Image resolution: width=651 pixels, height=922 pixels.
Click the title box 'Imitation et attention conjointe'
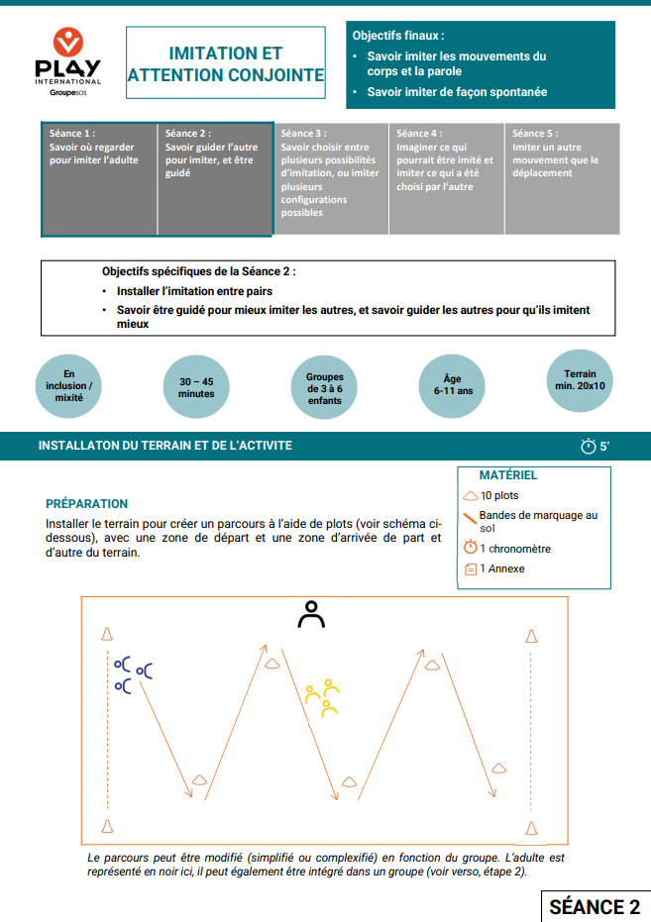click(x=226, y=64)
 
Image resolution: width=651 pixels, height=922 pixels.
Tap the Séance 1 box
click(x=99, y=178)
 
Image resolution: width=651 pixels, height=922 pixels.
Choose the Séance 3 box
click(x=330, y=178)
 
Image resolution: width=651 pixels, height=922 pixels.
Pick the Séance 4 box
click(x=446, y=178)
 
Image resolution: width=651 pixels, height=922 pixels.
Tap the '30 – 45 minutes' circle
click(x=196, y=387)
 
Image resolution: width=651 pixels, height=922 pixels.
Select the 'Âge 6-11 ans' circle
click(x=453, y=384)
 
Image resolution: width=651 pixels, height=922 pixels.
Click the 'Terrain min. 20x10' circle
click(x=580, y=380)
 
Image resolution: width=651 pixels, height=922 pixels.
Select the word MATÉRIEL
click(x=507, y=475)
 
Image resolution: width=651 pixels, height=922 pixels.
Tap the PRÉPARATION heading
click(x=86, y=503)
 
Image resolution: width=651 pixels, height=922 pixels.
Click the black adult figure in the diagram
click(x=312, y=615)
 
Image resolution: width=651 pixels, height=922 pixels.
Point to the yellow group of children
click(x=322, y=697)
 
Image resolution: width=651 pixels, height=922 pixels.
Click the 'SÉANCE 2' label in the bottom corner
click(x=594, y=906)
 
